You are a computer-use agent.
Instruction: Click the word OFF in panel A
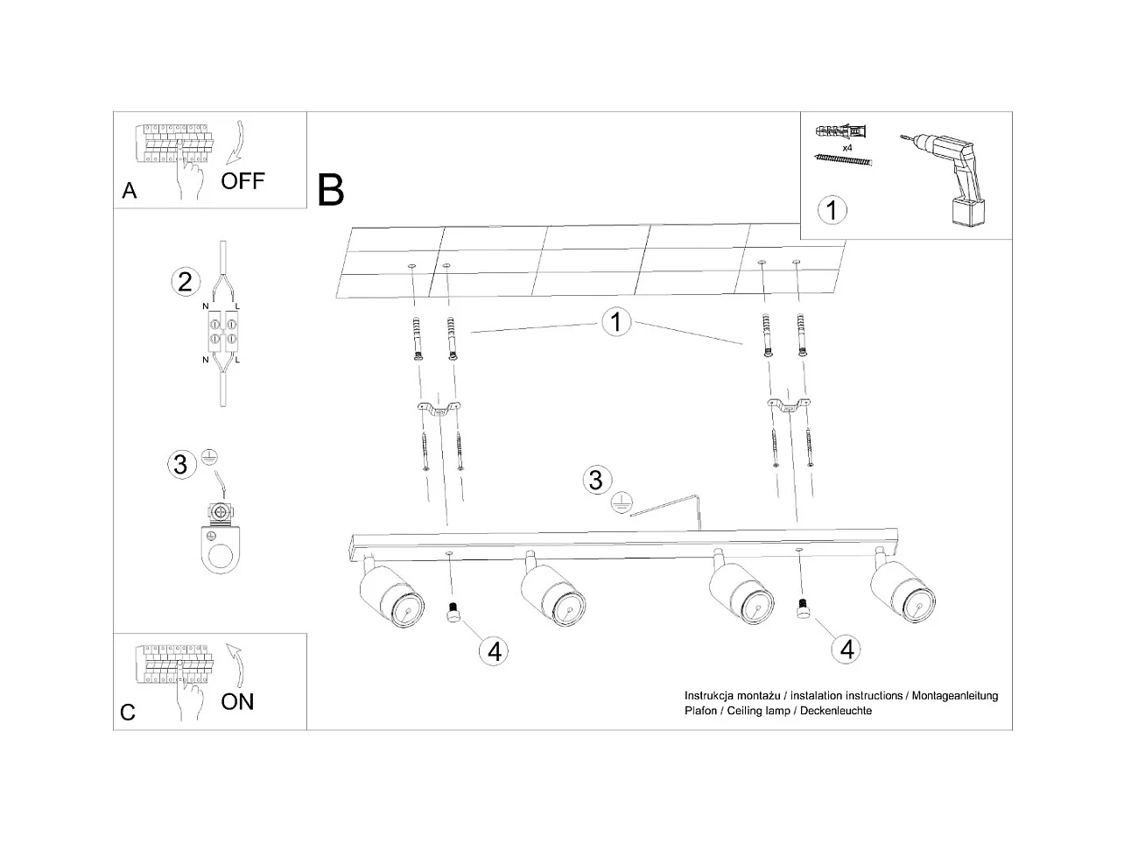[242, 181]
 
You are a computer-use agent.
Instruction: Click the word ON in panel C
[237, 701]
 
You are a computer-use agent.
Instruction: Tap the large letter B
[331, 190]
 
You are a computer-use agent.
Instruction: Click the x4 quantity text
[847, 149]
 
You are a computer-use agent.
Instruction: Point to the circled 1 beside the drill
[832, 210]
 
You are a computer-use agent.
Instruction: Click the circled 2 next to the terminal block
[184, 282]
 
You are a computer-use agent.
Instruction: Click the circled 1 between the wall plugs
[616, 322]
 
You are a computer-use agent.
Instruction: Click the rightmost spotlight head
[904, 594]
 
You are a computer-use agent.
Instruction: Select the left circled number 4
[494, 650]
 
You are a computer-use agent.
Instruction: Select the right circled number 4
[847, 649]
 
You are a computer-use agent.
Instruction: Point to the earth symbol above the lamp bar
[621, 502]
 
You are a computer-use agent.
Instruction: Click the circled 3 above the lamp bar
[596, 480]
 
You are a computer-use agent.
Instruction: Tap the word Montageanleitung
[955, 696]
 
